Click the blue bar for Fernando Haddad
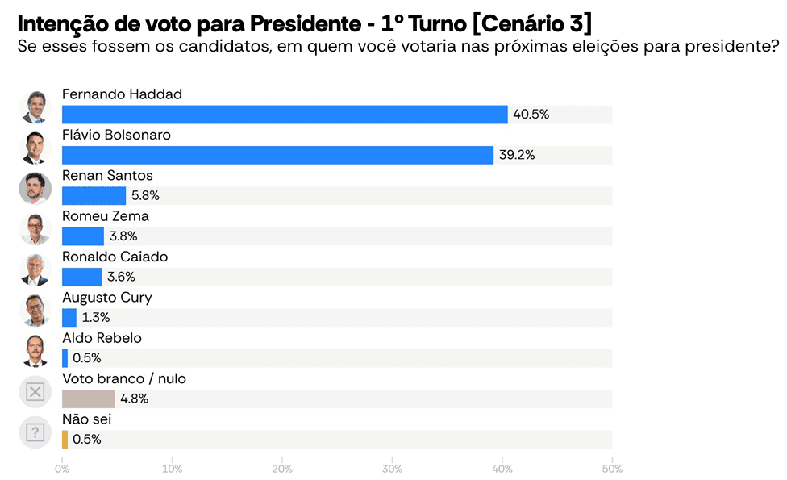[285, 115]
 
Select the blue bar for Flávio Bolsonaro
[277, 155]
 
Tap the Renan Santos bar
[94, 196]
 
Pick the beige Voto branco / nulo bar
[88, 399]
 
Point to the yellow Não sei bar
[65, 440]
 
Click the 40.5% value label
[531, 115]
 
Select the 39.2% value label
[517, 155]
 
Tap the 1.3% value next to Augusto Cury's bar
[95, 318]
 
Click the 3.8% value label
[123, 236]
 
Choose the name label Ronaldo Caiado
[115, 257]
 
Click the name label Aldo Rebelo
[102, 338]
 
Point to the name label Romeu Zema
[105, 216]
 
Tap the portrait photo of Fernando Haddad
[35, 107]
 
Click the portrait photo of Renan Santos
[35, 189]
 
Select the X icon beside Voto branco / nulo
[35, 392]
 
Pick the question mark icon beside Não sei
[35, 432]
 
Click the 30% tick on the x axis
[392, 469]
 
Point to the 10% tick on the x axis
[172, 469]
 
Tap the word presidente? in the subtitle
[739, 46]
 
